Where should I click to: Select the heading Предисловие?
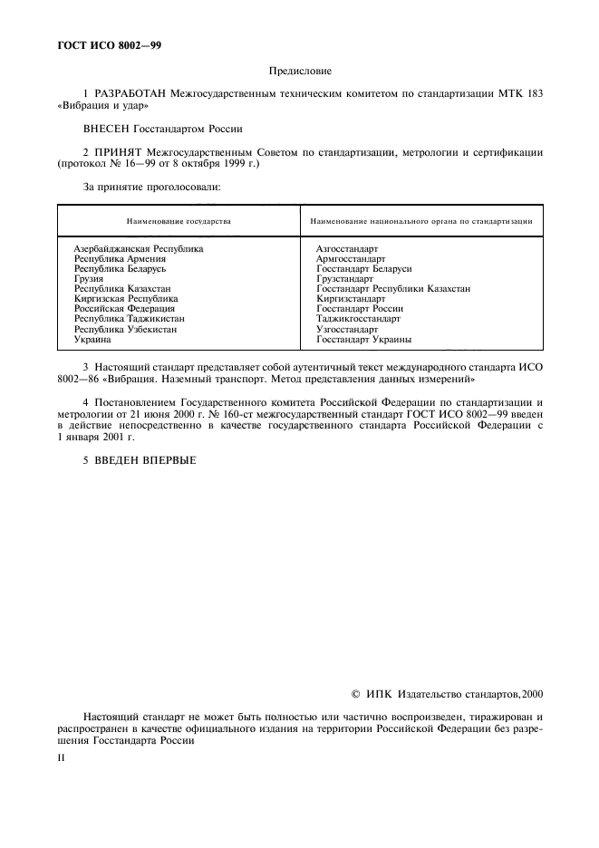coord(300,70)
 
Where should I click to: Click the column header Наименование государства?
coord(179,220)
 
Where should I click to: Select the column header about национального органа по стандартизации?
coord(420,220)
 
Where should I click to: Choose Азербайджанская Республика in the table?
coord(138,247)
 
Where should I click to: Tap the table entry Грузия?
coord(89,278)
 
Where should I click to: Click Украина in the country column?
coord(92,339)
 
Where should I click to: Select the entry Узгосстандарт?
coord(346,329)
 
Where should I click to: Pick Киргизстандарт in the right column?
coord(351,298)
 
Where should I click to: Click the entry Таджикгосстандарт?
coord(357,319)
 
